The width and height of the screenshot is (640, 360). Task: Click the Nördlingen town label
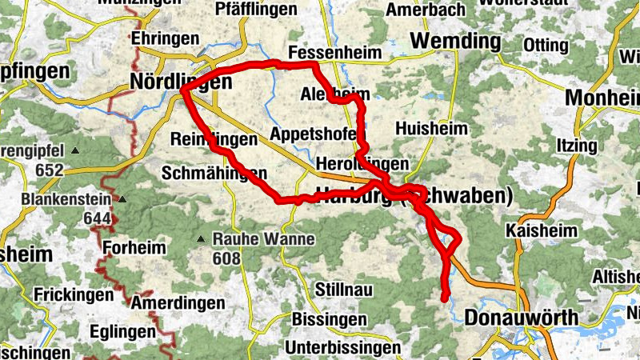point(181,82)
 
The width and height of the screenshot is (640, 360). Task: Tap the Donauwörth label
point(521,318)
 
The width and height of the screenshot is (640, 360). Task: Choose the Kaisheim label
point(542,230)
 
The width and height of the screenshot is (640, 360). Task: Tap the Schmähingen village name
point(214,173)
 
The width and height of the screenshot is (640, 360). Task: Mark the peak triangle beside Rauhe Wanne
point(201,238)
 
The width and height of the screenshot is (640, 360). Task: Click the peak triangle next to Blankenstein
point(123,200)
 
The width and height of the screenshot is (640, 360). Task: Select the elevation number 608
point(226,258)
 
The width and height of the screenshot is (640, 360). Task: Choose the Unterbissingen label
point(342,348)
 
